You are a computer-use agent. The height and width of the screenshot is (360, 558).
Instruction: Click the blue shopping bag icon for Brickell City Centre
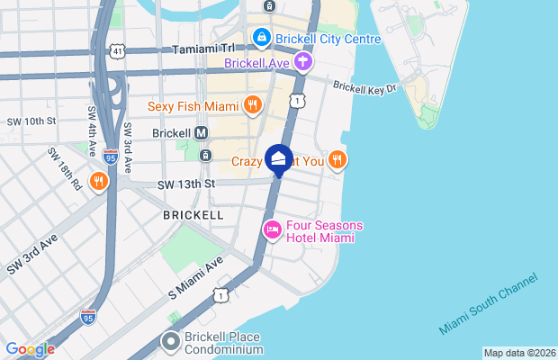pyautogui.click(x=261, y=38)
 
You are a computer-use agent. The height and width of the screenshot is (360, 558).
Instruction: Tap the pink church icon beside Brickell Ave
pyautogui.click(x=303, y=61)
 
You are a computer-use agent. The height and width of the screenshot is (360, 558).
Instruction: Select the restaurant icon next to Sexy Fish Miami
pyautogui.click(x=253, y=104)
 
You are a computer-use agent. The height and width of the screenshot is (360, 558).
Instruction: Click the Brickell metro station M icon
pyautogui.click(x=202, y=132)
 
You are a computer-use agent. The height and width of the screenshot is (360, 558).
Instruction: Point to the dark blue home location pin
pyautogui.click(x=279, y=160)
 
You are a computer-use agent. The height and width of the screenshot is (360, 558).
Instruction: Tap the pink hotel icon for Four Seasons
pyautogui.click(x=271, y=230)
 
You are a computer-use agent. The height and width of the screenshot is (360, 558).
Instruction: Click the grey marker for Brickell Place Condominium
pyautogui.click(x=171, y=341)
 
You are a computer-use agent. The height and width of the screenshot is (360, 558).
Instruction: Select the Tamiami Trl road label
pyautogui.click(x=204, y=49)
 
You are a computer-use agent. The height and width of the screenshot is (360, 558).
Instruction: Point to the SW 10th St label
pyautogui.click(x=33, y=121)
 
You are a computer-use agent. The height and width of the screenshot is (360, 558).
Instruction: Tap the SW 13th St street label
pyautogui.click(x=187, y=184)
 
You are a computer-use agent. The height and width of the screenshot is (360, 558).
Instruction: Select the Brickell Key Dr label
pyautogui.click(x=364, y=86)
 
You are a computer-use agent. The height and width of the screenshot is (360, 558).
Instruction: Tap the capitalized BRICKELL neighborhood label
pyautogui.click(x=193, y=216)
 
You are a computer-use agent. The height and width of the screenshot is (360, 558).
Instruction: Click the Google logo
pyautogui.click(x=30, y=349)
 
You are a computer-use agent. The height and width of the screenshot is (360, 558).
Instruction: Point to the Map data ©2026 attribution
pyautogui.click(x=518, y=353)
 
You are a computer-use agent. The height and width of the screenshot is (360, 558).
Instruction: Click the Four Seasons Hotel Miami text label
pyautogui.click(x=319, y=231)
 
